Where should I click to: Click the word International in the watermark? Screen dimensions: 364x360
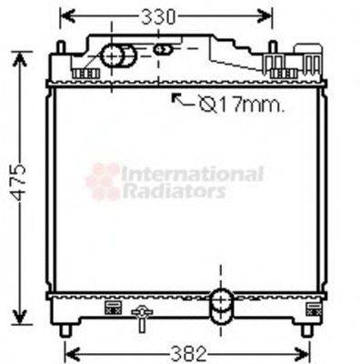(x=193, y=173)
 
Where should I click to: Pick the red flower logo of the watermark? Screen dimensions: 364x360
(x=103, y=181)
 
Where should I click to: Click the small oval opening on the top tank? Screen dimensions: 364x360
(x=162, y=49)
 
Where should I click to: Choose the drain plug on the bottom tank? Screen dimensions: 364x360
(x=141, y=318)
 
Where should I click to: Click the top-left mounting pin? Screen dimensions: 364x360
(x=60, y=46)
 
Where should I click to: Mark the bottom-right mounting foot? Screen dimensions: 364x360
(x=306, y=328)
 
